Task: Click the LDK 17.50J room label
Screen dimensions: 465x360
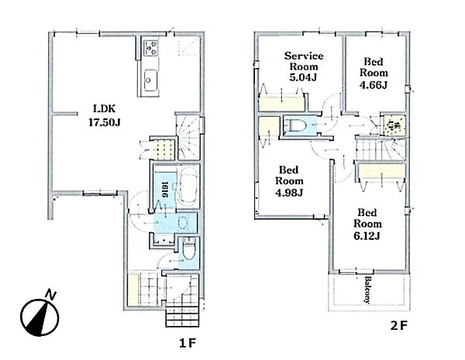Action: click(x=105, y=115)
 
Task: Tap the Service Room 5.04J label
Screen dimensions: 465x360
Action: click(x=304, y=67)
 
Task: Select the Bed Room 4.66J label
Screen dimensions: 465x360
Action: click(x=374, y=74)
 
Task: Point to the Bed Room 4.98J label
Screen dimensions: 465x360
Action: click(x=289, y=181)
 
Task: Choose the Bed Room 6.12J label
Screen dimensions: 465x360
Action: click(x=367, y=224)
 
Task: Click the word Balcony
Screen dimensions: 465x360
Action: click(x=367, y=290)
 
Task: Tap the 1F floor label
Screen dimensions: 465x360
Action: click(x=188, y=343)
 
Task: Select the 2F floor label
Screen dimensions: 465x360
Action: click(x=399, y=326)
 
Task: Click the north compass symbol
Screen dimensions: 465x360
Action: click(x=40, y=315)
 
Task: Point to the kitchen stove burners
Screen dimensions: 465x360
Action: click(x=151, y=48)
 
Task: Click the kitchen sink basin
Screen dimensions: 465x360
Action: click(x=150, y=80)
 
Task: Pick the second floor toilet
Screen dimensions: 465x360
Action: click(x=294, y=125)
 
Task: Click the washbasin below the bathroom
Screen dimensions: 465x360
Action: click(x=181, y=223)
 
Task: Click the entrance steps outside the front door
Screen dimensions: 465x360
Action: click(x=181, y=316)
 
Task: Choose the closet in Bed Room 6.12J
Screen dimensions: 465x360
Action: click(x=381, y=172)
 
